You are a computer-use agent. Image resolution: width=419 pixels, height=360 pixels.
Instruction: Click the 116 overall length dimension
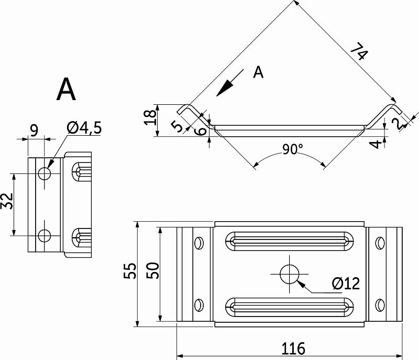(x=293, y=348)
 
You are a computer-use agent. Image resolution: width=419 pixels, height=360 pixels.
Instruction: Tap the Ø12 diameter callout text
(x=346, y=283)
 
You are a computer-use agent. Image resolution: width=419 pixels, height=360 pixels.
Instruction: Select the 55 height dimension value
(x=130, y=271)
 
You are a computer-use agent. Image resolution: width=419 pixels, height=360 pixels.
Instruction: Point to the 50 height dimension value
(x=153, y=270)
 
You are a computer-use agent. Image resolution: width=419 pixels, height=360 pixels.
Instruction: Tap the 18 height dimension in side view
(x=150, y=117)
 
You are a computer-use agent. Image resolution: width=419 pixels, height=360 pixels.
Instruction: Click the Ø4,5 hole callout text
(x=84, y=128)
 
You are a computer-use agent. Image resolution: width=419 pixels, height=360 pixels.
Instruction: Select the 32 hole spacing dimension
(x=7, y=201)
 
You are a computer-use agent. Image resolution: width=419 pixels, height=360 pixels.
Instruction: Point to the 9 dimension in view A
(x=34, y=130)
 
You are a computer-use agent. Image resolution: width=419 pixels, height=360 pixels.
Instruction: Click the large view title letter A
(x=66, y=89)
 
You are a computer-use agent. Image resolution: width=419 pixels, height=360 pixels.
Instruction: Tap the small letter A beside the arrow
(x=258, y=72)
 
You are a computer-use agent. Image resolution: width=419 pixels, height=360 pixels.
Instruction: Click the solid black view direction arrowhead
(x=225, y=88)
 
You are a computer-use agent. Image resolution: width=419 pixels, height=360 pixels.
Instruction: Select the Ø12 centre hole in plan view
(x=290, y=274)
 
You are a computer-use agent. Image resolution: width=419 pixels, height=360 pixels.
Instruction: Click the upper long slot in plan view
(x=290, y=242)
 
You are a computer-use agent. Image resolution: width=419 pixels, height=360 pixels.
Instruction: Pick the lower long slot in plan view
(x=290, y=307)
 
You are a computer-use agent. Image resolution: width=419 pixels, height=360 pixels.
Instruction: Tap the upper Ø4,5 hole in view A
(x=45, y=173)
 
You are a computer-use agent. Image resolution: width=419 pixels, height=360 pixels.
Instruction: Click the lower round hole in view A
(x=45, y=235)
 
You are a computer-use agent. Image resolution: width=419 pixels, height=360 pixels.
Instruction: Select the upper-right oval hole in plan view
(x=380, y=243)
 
